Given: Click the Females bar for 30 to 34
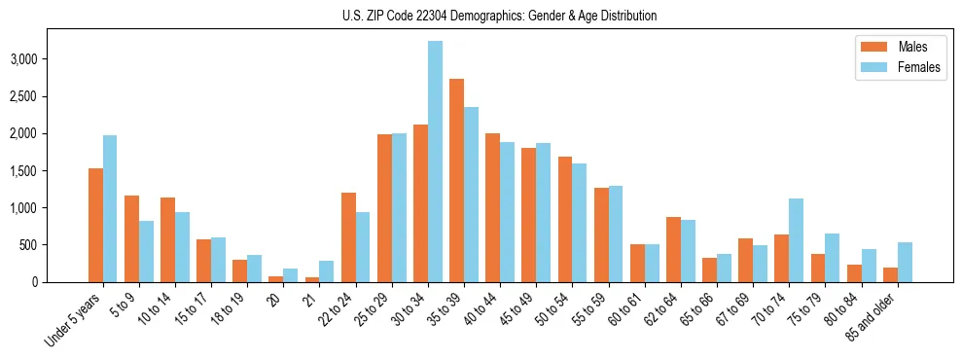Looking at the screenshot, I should pyautogui.click(x=435, y=162).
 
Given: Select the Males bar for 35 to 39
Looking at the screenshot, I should pyautogui.click(x=456, y=180).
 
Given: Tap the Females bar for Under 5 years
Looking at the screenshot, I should pyautogui.click(x=110, y=208).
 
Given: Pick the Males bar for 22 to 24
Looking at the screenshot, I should pyautogui.click(x=348, y=237).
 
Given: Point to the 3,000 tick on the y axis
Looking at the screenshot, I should pyautogui.click(x=51, y=59).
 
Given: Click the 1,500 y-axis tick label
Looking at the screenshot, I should pyautogui.click(x=51, y=171).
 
